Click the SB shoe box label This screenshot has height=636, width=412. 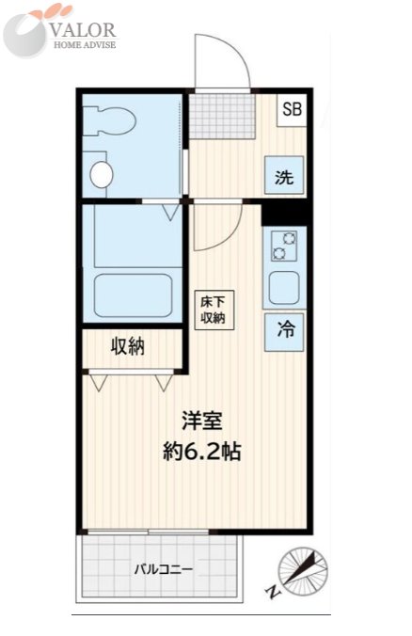click(x=292, y=109)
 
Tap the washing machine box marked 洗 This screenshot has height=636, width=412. click(x=284, y=175)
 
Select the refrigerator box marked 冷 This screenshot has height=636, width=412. click(x=284, y=332)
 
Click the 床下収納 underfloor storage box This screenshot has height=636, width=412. click(x=214, y=310)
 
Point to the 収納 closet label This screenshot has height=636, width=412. click(x=128, y=347)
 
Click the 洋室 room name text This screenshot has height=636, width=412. click(x=202, y=421)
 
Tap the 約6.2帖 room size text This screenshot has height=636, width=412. click(x=202, y=451)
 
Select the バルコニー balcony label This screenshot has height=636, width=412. click(x=164, y=569)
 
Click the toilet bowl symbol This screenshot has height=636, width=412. click(x=109, y=119)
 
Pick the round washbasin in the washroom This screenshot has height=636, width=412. click(x=101, y=175)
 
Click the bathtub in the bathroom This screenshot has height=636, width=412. click(x=133, y=295)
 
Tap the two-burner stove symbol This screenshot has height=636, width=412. click(x=284, y=246)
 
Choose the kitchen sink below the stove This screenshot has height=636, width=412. click(x=284, y=289)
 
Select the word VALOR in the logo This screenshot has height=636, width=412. click(x=85, y=30)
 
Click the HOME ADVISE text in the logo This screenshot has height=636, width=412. click(x=85, y=44)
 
